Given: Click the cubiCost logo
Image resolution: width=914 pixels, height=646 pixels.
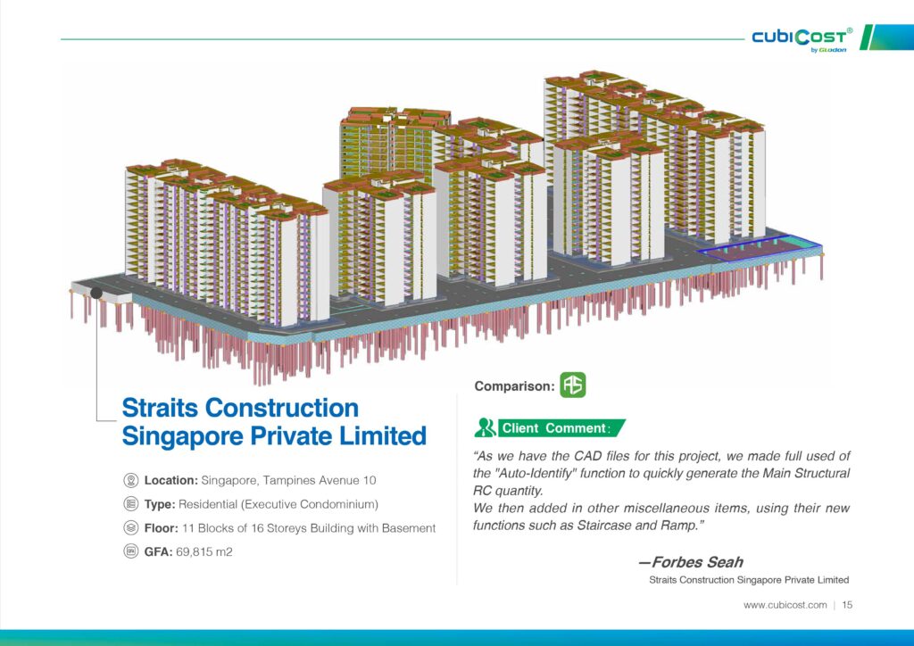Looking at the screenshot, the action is (802, 38).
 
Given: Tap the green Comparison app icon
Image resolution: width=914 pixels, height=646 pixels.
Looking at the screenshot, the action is (572, 385).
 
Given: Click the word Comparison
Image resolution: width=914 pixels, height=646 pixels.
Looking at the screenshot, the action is (514, 386).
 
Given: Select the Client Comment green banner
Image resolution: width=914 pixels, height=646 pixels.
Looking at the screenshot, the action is (561, 428).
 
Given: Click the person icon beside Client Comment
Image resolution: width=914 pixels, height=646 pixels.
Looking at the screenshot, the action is (484, 427).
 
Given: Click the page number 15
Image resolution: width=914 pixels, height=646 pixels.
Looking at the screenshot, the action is (847, 605).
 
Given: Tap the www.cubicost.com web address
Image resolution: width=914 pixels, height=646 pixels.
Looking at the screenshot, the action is (785, 605).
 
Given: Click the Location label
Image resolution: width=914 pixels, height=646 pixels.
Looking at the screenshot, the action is (171, 481).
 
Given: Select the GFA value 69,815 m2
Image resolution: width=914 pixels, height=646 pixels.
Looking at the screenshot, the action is (204, 551).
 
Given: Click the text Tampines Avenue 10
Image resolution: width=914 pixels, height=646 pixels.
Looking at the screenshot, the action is (320, 481).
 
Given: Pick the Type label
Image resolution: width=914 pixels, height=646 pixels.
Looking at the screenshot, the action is (160, 504).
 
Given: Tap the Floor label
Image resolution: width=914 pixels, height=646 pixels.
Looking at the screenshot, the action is (162, 528).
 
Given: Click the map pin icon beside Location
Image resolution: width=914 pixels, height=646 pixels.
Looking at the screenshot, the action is (131, 481).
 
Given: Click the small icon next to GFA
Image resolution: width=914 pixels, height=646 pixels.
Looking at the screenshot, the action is (131, 551).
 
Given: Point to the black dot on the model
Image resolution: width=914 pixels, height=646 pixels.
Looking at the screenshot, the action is (96, 293).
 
